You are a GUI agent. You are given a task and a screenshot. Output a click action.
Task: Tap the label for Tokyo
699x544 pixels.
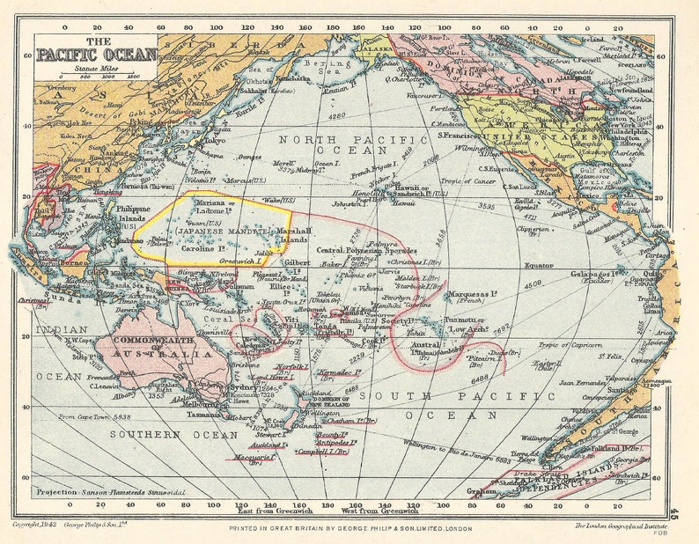213,140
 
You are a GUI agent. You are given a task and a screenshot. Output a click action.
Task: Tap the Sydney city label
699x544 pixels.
243,387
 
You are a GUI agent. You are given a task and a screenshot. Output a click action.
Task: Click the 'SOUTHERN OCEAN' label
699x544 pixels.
145,434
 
